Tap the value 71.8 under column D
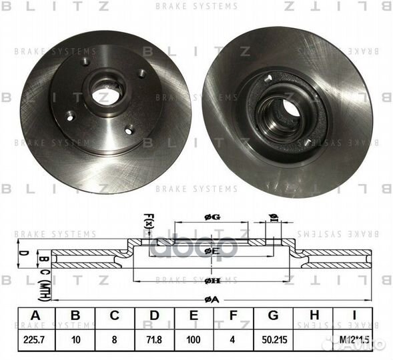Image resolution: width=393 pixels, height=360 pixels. (154, 339)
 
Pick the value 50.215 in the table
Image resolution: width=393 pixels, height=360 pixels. (274, 339)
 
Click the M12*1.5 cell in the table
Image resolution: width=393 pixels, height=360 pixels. (354, 339)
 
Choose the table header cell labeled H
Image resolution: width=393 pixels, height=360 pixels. (314, 316)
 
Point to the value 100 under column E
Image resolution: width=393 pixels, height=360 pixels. (194, 339)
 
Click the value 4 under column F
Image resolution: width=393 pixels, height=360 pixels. (234, 339)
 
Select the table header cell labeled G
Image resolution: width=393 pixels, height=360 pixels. (274, 316)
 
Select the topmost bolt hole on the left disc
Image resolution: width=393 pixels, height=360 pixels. (85, 62)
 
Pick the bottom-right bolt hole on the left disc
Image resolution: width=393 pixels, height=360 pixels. (129, 129)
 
